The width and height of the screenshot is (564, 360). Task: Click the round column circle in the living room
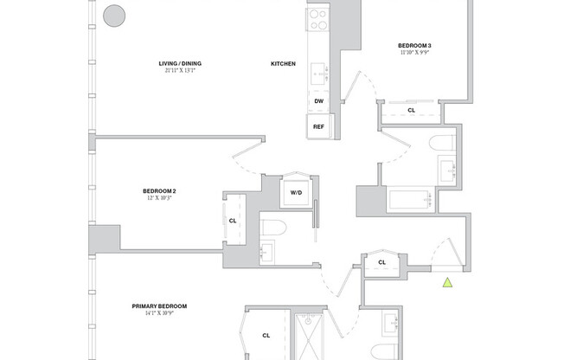click(114, 15)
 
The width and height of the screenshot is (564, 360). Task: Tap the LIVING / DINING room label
click(181, 64)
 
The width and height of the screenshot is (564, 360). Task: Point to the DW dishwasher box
click(318, 101)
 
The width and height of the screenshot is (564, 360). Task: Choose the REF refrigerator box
click(318, 126)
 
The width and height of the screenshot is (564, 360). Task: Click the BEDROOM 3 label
click(415, 45)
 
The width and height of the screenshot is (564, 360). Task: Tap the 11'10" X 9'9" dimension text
click(415, 53)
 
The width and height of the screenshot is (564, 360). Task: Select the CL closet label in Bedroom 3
click(411, 110)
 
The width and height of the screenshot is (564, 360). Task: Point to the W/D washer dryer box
click(296, 192)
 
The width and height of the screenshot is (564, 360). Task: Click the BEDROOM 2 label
click(159, 190)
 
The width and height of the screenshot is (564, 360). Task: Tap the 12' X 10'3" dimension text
click(159, 198)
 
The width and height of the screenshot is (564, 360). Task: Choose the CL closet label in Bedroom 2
click(233, 221)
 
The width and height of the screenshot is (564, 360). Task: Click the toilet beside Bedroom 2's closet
click(272, 228)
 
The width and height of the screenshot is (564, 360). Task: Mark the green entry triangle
click(447, 282)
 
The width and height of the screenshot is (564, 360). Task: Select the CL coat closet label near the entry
click(381, 261)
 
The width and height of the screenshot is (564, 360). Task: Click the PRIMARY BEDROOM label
click(159, 305)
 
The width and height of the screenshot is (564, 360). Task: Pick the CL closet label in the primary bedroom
click(266, 335)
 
